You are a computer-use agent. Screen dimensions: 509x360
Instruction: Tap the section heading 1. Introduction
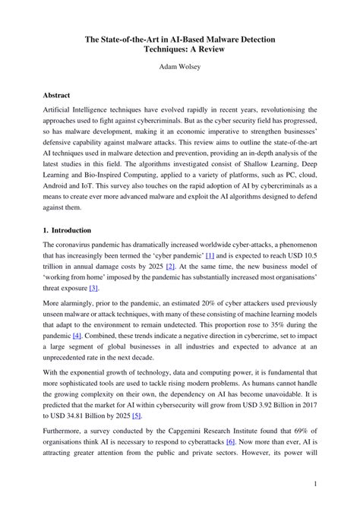click(x=68, y=230)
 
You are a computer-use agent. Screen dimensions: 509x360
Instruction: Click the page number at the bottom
click(x=314, y=482)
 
